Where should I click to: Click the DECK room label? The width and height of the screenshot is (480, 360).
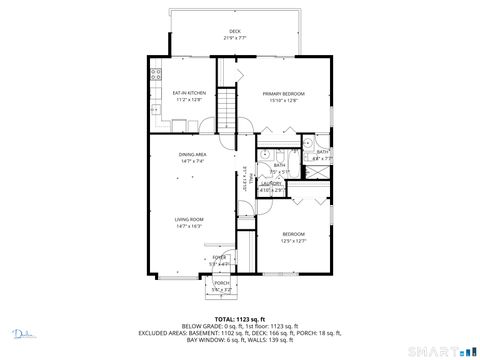click(235, 31)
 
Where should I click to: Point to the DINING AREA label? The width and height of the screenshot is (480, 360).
click(193, 154)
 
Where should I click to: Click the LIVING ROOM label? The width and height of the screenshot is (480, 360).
click(190, 219)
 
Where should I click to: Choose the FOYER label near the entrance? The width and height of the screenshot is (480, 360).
click(220, 258)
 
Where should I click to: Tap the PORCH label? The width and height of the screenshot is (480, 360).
click(221, 283)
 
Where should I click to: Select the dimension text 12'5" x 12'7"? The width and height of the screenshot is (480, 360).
click(292, 240)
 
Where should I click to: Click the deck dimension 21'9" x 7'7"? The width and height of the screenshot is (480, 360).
click(235, 38)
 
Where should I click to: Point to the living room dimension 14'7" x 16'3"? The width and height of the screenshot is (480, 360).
click(190, 226)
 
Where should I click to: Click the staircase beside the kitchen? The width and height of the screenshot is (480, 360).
click(230, 105)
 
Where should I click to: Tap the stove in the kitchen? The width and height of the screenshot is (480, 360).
click(156, 75)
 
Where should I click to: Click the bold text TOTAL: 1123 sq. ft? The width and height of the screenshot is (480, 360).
click(240, 317)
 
